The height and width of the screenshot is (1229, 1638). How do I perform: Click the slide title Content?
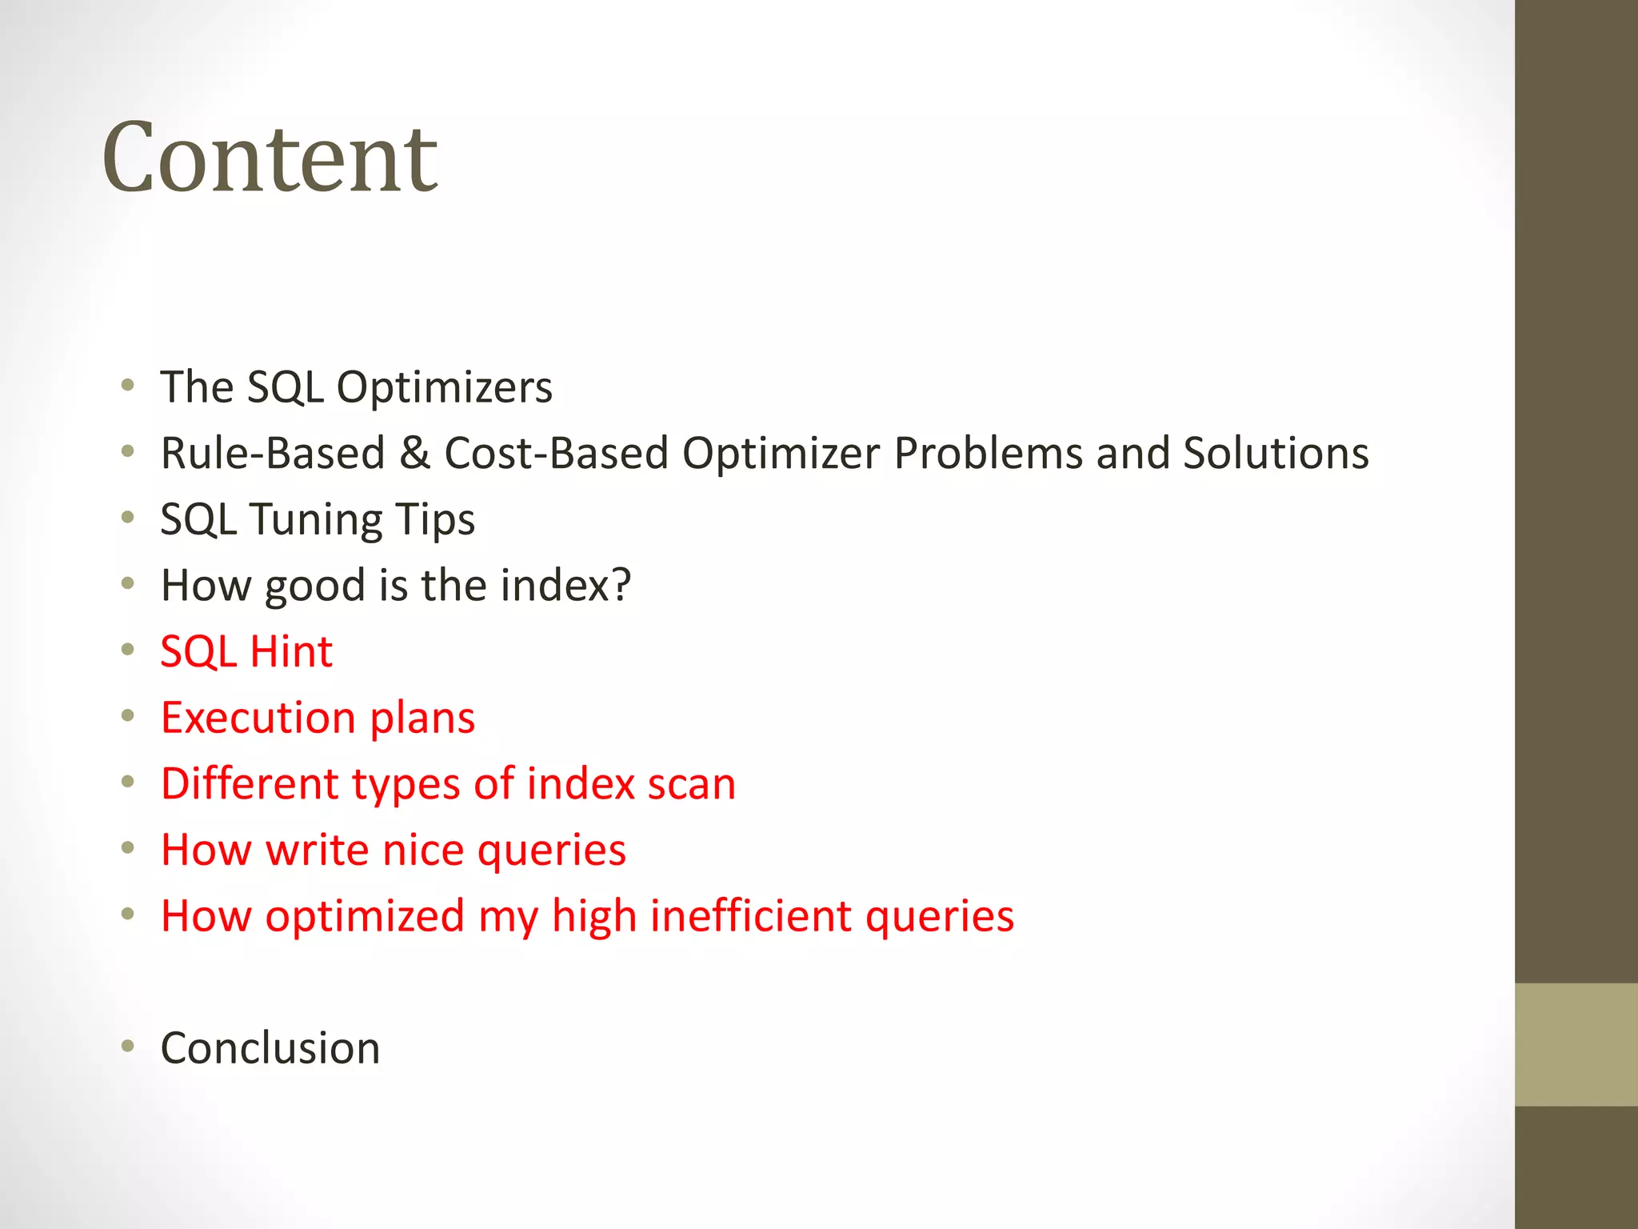point(270,158)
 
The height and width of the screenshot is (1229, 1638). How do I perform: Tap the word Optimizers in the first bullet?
point(444,388)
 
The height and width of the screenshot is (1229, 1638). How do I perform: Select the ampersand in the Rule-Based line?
point(414,454)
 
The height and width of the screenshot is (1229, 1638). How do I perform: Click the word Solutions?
point(1276,454)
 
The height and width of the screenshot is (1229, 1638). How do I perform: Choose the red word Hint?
point(291,651)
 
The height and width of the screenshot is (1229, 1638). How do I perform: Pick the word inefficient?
point(750,916)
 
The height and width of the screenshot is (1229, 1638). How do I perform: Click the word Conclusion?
point(270,1048)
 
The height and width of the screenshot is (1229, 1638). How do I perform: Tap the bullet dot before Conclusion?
point(128,1046)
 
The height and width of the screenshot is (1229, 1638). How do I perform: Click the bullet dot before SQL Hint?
point(128,649)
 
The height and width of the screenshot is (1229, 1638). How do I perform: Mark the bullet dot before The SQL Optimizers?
point(128,386)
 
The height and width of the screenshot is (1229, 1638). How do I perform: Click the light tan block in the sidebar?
point(1576,1044)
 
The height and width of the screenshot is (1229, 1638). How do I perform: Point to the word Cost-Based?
point(556,454)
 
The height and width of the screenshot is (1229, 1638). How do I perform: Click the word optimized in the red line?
point(365,916)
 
